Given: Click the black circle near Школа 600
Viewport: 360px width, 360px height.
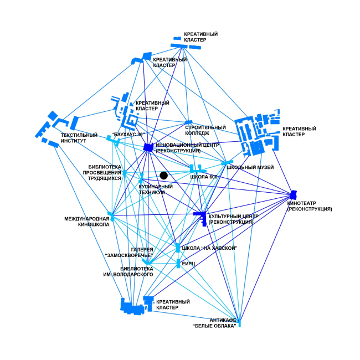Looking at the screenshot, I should click(x=163, y=176).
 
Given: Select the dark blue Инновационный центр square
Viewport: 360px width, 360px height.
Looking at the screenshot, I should click(x=148, y=147).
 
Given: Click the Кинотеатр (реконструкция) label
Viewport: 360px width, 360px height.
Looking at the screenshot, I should click(x=310, y=207).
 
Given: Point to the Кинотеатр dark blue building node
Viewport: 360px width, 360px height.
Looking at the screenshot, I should click(x=293, y=195).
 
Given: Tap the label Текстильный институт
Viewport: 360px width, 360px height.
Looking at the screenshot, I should click(x=79, y=138).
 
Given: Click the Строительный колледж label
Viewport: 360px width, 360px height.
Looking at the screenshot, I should click(x=197, y=130).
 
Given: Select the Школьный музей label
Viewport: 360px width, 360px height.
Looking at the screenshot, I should click(x=250, y=167).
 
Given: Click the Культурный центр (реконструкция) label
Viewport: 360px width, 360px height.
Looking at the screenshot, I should click(x=232, y=219).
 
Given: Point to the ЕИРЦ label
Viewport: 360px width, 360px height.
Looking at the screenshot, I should click(x=191, y=264).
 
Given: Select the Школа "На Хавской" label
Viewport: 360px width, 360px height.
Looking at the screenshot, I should click(x=209, y=248).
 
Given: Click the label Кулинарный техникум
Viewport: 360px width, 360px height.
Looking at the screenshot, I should click(x=156, y=189).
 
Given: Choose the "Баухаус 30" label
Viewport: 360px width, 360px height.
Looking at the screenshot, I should click(x=128, y=135).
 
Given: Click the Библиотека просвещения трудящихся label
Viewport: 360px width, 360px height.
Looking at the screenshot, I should click(x=105, y=172).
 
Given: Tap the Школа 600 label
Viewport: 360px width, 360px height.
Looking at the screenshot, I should click(x=203, y=177).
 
